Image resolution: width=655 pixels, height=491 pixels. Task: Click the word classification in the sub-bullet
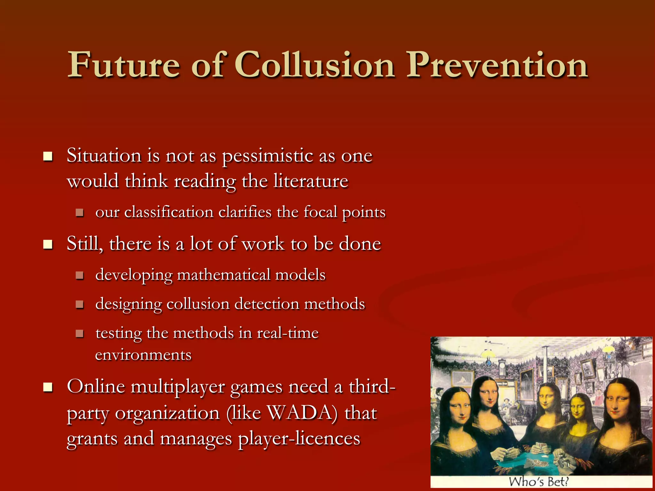[169, 212]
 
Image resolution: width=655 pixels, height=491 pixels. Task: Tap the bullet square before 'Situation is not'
[48, 157]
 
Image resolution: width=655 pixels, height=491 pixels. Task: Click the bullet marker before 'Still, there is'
[48, 245]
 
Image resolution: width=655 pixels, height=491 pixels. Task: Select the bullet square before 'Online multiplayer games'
[48, 387]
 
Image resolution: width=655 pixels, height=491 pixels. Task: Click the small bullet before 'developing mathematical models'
[80, 275]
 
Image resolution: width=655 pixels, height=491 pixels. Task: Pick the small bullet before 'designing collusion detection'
[80, 304]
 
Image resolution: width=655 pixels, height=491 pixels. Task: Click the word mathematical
[224, 275]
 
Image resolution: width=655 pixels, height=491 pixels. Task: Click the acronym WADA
[302, 413]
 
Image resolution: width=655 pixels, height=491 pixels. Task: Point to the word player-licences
[299, 439]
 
